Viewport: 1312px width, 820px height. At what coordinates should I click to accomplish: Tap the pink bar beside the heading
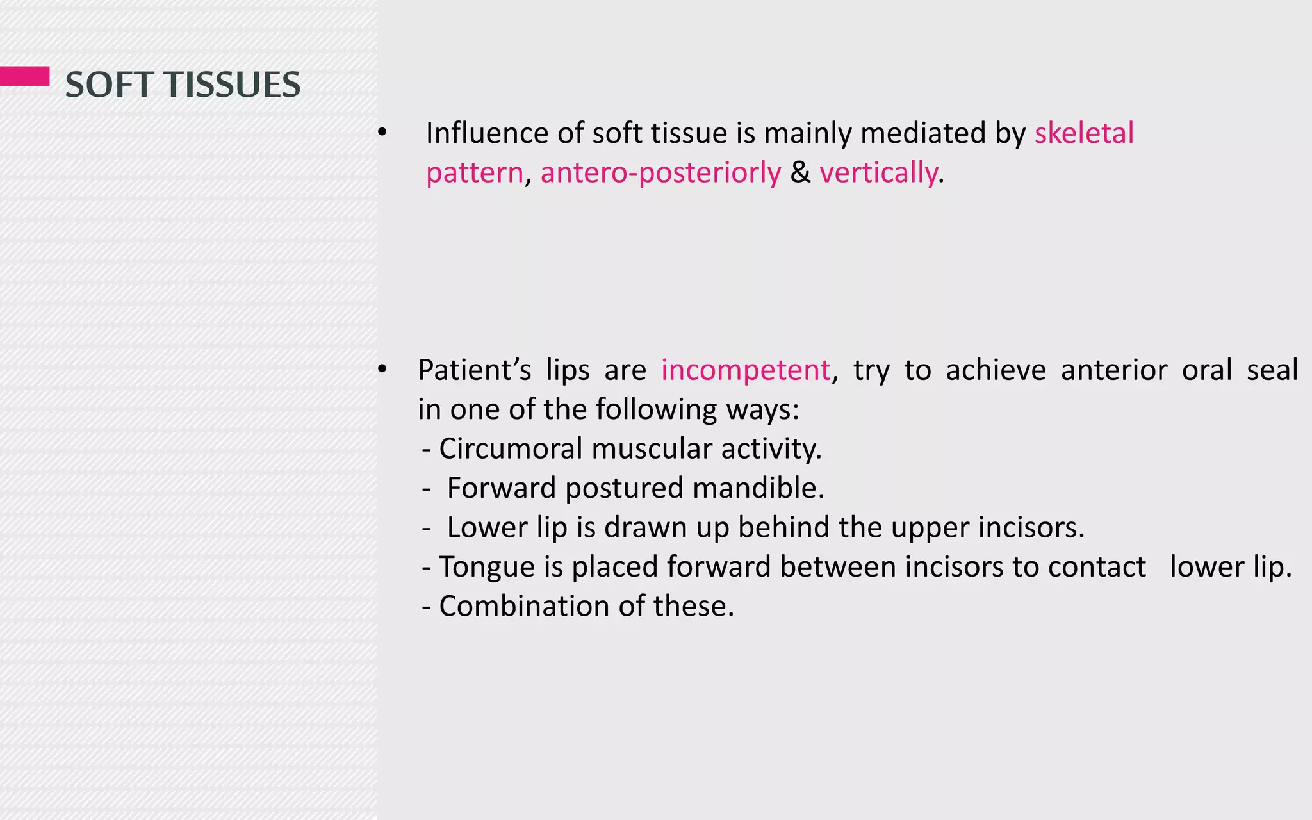pyautogui.click(x=24, y=76)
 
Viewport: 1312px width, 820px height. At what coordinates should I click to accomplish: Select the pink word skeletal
pyautogui.click(x=1084, y=133)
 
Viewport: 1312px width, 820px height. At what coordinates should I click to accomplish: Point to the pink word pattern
pyautogui.click(x=475, y=173)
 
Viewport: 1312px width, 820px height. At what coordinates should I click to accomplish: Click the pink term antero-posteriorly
pyautogui.click(x=660, y=173)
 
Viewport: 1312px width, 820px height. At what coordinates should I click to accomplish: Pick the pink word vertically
pyautogui.click(x=878, y=173)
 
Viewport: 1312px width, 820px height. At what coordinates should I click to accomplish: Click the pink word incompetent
pyautogui.click(x=746, y=370)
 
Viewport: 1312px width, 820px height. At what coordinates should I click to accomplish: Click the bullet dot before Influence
pyautogui.click(x=382, y=133)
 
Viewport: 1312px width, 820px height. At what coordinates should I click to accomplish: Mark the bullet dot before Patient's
pyautogui.click(x=382, y=370)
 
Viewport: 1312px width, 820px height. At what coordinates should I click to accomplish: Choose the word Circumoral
pyautogui.click(x=510, y=448)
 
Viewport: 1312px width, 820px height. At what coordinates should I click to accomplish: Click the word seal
pyautogui.click(x=1272, y=370)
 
